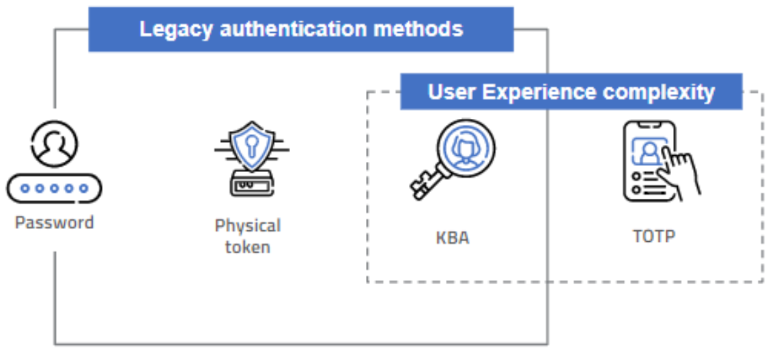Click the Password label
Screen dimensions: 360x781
[55, 223]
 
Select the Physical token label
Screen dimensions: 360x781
[247, 236]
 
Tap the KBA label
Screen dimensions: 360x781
[452, 238]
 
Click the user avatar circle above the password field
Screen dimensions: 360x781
[55, 145]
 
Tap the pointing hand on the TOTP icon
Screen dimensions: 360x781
[683, 171]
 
